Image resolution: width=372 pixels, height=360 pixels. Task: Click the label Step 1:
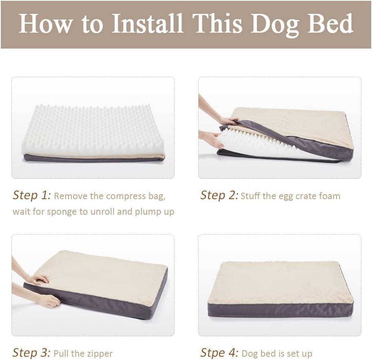(32, 195)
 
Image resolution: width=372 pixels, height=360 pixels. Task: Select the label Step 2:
(219, 195)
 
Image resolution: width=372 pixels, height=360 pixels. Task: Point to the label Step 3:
(32, 352)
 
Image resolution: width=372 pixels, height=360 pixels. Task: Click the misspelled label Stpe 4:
(219, 352)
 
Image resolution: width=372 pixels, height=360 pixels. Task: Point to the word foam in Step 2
(330, 196)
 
